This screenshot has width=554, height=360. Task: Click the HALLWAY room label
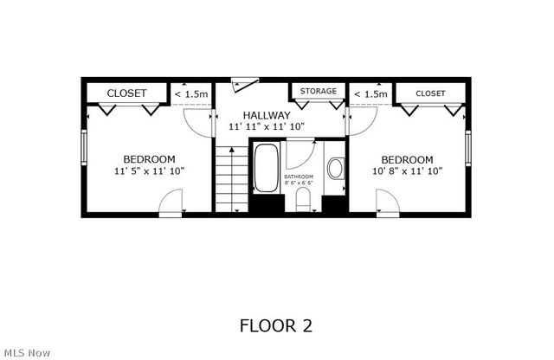pyautogui.click(x=266, y=115)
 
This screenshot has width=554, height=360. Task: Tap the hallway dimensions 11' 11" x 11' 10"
pyautogui.click(x=266, y=127)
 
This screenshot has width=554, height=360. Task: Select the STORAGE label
pyautogui.click(x=318, y=91)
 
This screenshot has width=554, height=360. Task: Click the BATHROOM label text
pyautogui.click(x=299, y=177)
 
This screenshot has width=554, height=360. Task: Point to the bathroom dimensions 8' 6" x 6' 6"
pyautogui.click(x=299, y=183)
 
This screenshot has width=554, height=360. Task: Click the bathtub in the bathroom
pyautogui.click(x=266, y=169)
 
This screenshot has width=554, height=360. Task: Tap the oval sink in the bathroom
pyautogui.click(x=335, y=168)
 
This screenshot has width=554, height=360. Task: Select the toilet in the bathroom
pyautogui.click(x=302, y=199)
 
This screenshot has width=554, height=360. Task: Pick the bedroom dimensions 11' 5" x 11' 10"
pyautogui.click(x=149, y=171)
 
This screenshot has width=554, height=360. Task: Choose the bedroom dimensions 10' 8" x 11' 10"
pyautogui.click(x=407, y=171)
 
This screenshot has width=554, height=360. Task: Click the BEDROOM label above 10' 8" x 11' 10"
pyautogui.click(x=407, y=159)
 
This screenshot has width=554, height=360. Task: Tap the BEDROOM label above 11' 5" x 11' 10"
pyautogui.click(x=149, y=159)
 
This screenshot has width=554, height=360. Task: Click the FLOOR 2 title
pyautogui.click(x=276, y=325)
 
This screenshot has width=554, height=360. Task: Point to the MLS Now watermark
pyautogui.click(x=27, y=352)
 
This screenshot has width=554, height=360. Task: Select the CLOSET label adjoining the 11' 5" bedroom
pyautogui.click(x=126, y=93)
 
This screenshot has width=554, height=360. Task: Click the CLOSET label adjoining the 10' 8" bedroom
pyautogui.click(x=430, y=93)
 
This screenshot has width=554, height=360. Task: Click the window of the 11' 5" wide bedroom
pyautogui.click(x=84, y=148)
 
